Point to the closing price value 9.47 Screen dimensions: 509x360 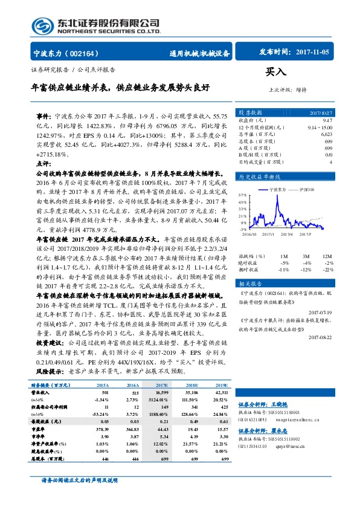328,120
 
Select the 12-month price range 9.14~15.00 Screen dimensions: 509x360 320,128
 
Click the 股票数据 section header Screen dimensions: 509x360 250,112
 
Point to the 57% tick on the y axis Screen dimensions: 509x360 242,195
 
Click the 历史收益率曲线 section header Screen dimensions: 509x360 258,177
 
